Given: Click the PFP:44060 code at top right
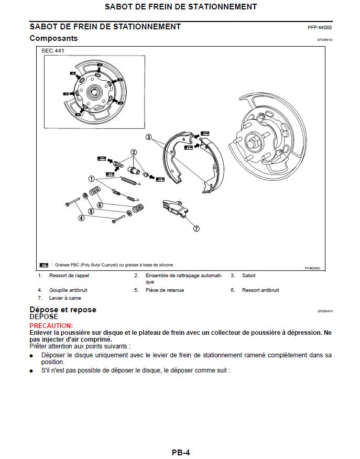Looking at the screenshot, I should [319, 28].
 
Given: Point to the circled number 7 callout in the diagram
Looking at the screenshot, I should [196, 228].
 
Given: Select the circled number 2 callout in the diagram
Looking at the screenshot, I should [134, 152].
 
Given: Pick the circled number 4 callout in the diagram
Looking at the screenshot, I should [81, 218].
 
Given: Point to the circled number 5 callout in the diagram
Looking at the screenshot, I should [91, 212].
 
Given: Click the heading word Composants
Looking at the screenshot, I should [53, 38].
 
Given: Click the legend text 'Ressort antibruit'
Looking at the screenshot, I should [260, 290].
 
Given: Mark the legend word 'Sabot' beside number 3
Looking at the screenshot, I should [248, 276].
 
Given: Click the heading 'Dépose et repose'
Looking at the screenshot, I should [63, 310].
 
